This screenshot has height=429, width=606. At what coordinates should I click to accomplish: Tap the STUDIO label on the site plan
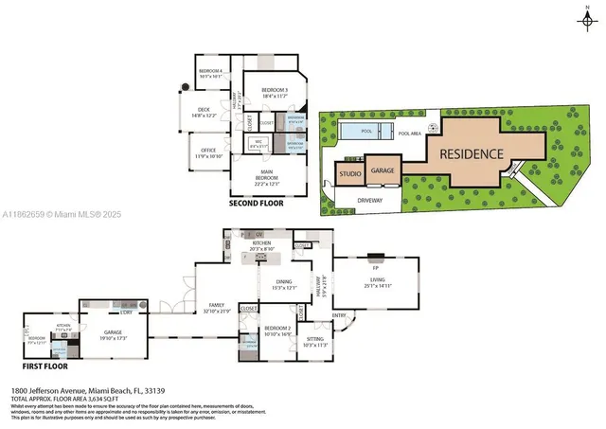tap(349, 175)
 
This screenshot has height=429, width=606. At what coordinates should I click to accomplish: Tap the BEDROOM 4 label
tap(209, 72)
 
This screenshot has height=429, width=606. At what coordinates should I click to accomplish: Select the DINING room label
tap(283, 283)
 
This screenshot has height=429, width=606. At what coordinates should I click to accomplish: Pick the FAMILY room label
tap(216, 308)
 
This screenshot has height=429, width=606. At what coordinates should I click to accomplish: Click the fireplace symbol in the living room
tap(377, 256)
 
